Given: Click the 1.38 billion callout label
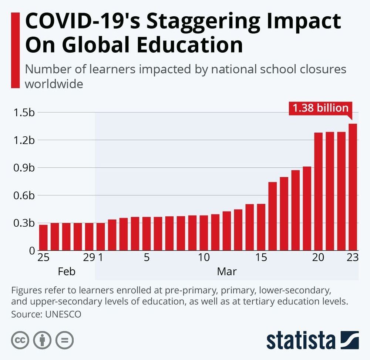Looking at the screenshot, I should point(320,108).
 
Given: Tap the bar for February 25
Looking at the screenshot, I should point(43,237).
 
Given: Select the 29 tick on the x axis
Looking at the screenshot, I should point(89,258).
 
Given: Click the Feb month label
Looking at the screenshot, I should point(67,271).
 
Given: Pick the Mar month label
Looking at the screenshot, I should point(226,271).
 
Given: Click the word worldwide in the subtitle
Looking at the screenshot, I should point(54,84).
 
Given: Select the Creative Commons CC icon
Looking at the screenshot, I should point(20,340).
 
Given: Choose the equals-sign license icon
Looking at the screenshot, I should point(64,340).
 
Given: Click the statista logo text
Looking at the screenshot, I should point(300,340).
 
